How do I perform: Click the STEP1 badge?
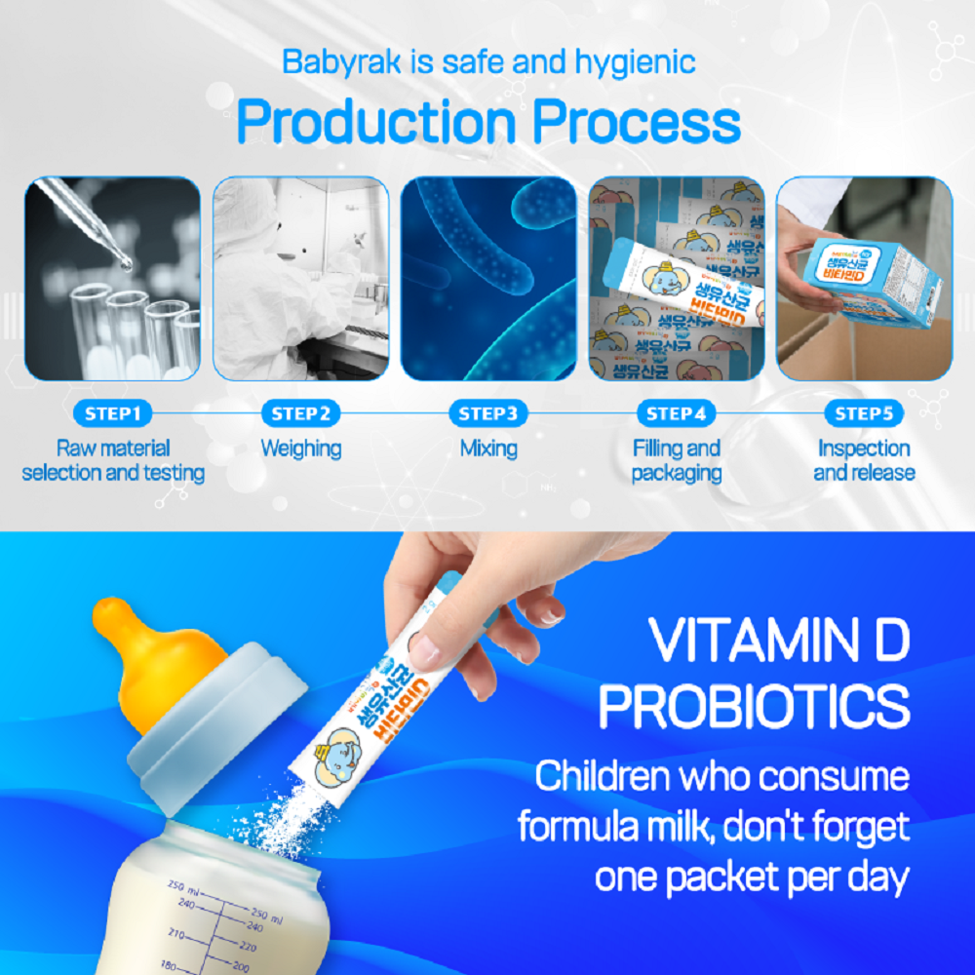[x=113, y=413]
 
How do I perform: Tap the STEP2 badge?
[x=301, y=413]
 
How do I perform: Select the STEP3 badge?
[x=488, y=413]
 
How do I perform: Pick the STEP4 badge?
[x=677, y=413]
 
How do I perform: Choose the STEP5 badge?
[x=864, y=413]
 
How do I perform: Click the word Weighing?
[x=301, y=449]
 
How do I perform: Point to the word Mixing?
[x=488, y=449]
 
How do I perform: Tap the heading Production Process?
[x=488, y=124]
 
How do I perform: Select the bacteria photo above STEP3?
[x=488, y=278]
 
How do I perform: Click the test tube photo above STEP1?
[x=113, y=278]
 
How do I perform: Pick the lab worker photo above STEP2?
[x=301, y=278]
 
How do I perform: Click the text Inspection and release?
[x=864, y=461]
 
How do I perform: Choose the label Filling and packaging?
[x=677, y=461]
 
